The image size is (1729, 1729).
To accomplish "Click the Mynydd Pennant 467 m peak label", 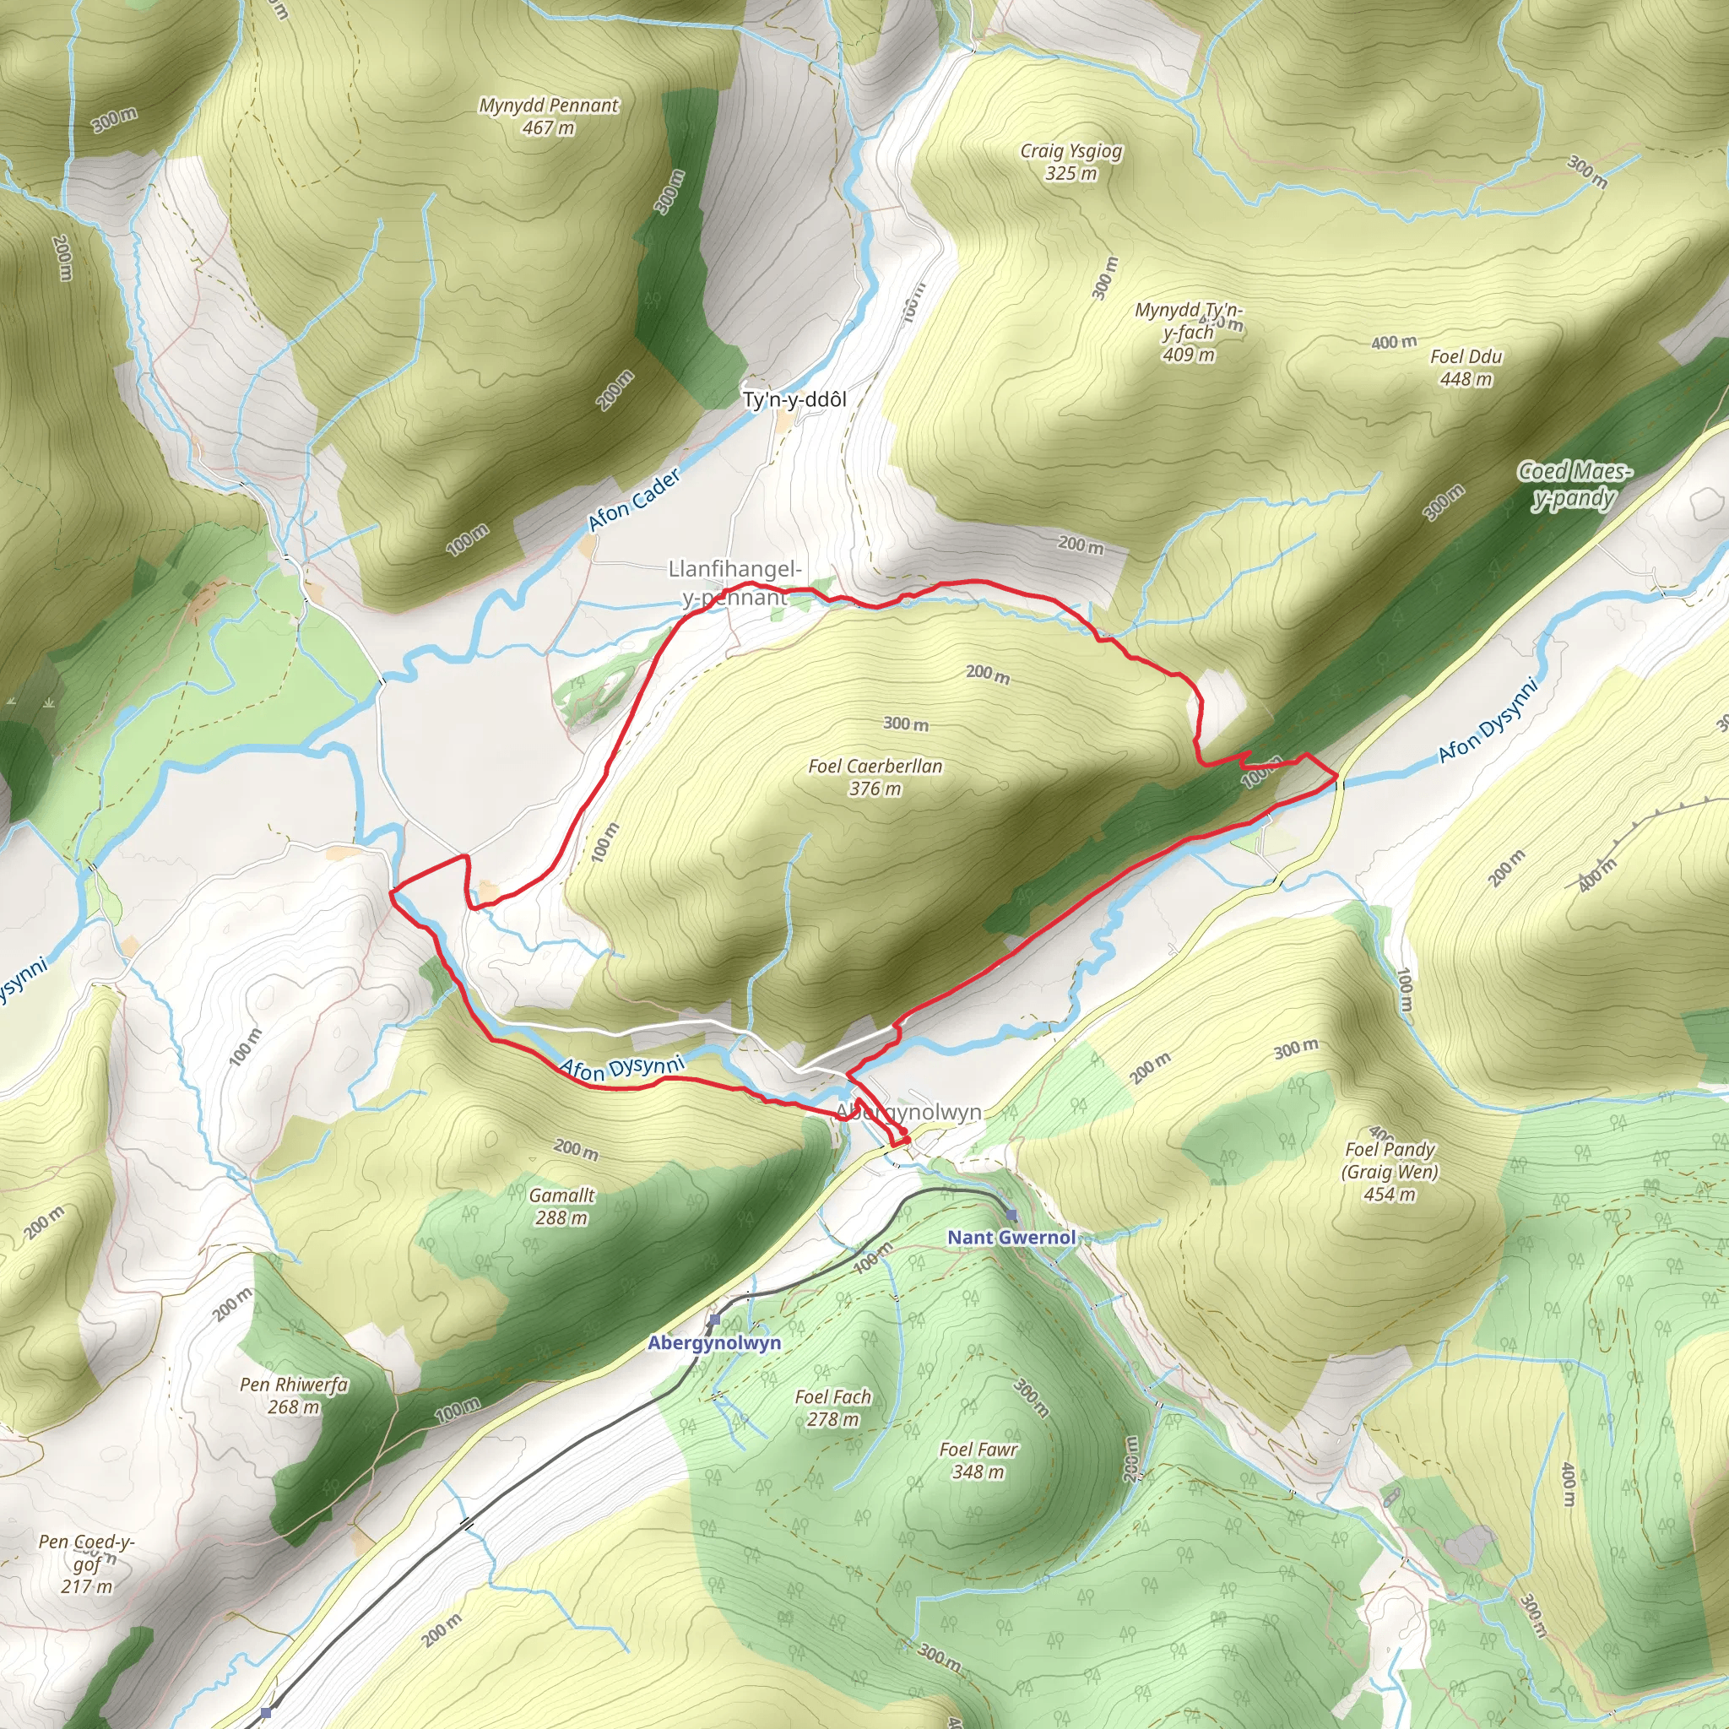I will click(549, 117).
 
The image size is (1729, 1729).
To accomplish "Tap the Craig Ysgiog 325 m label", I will click(1071, 162).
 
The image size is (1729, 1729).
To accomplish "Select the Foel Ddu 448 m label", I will click(1466, 368).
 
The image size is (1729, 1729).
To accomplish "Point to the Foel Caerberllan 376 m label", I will click(875, 777).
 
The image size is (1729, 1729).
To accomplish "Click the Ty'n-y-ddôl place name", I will click(794, 400).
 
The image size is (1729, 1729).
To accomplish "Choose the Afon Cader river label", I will click(635, 500).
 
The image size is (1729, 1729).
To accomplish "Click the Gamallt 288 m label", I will click(562, 1206).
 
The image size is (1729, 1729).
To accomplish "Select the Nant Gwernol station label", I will click(1011, 1238).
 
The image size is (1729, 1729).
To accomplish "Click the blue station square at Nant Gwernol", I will click(1011, 1214).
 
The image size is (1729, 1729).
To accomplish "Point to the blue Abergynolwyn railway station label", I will click(714, 1342).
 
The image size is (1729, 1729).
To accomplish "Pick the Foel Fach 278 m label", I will click(832, 1407).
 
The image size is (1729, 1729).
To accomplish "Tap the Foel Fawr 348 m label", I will click(978, 1461).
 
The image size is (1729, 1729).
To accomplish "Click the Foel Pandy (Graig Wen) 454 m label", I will click(1390, 1172).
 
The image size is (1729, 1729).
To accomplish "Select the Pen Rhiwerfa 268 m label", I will click(294, 1396).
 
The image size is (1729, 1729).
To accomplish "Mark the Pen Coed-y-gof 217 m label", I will click(87, 1564).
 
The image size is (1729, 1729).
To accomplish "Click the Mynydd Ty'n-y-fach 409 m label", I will click(1189, 332).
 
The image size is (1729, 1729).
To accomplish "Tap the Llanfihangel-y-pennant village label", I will click(734, 583).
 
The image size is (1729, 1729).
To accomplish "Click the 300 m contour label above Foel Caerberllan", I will click(906, 724).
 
